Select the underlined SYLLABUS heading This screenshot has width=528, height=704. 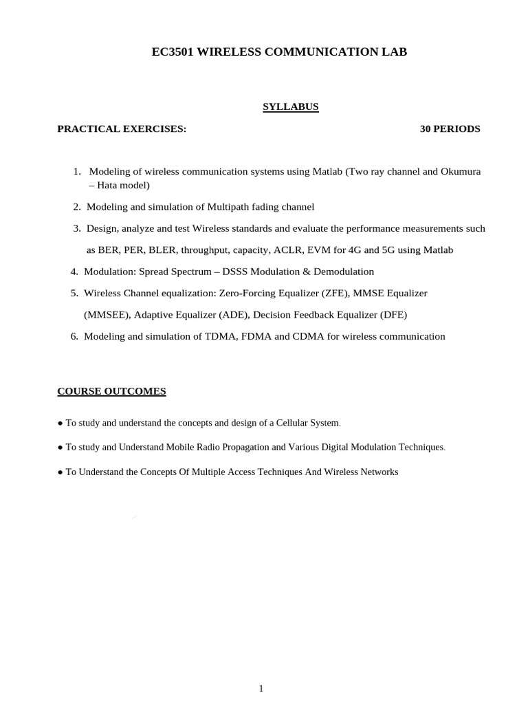(x=290, y=107)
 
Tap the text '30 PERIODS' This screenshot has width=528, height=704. (x=450, y=129)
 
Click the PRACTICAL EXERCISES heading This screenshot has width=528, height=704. (x=122, y=129)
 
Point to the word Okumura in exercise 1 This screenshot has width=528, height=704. (x=459, y=171)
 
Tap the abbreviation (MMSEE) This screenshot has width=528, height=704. (x=107, y=315)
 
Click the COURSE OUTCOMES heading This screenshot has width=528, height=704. (x=111, y=391)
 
